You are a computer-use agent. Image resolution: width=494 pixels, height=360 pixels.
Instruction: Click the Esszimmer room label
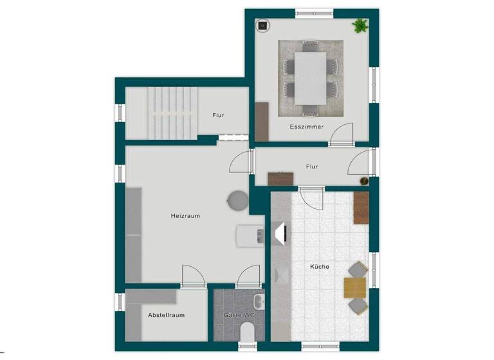(306, 127)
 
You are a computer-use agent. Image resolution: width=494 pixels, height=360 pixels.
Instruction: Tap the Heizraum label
(185, 216)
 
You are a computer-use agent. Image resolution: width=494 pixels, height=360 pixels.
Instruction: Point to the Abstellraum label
(166, 315)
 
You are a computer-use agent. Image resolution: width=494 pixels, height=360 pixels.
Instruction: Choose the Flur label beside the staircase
(218, 116)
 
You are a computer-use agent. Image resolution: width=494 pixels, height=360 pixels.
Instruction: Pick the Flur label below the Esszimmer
(312, 166)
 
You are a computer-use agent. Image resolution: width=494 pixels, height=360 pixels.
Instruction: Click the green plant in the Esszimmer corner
(360, 26)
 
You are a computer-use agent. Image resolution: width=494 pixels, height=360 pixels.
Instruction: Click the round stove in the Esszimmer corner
(263, 26)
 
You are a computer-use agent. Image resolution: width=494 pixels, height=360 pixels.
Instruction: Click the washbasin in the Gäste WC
(259, 301)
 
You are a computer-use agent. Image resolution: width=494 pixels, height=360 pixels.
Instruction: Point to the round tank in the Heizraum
(236, 201)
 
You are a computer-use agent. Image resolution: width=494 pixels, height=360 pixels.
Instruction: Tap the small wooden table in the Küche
(354, 287)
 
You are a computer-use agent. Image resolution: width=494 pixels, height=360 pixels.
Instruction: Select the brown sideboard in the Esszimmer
(261, 121)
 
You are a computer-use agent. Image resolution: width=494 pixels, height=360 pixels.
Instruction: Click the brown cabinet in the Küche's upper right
(361, 207)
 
